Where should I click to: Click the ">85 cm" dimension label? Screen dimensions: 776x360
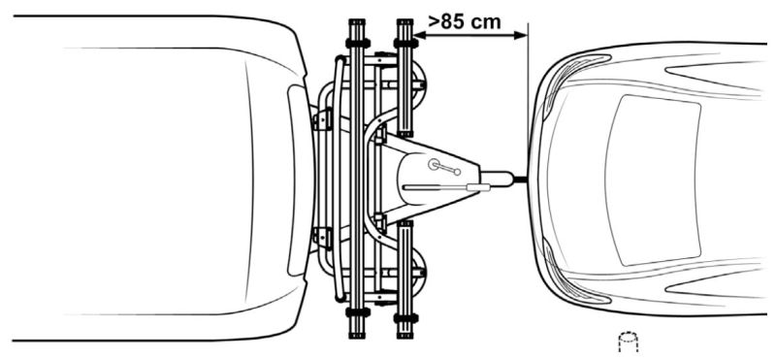coord(465,21)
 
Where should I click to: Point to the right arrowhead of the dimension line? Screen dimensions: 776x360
coord(521,35)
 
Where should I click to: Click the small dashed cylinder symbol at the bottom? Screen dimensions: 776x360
coord(628,343)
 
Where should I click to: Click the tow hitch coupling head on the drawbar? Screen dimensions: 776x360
coord(498,179)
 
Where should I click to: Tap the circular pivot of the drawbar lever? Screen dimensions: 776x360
coord(435,164)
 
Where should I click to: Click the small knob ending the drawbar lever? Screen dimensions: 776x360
coord(457,172)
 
